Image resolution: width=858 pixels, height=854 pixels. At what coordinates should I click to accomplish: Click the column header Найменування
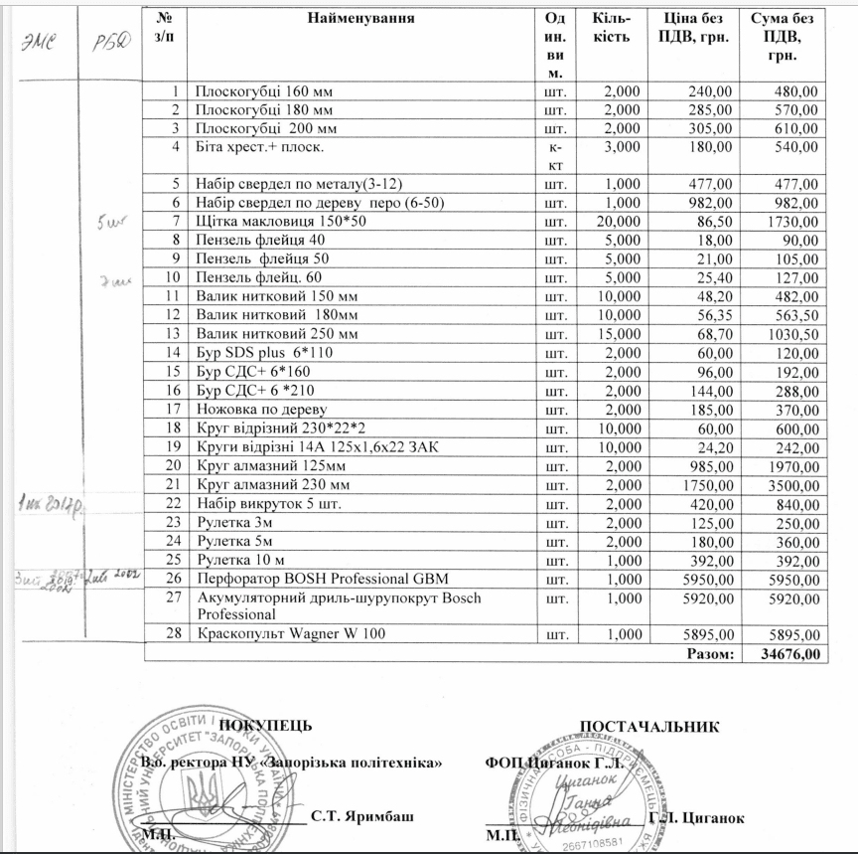(360, 19)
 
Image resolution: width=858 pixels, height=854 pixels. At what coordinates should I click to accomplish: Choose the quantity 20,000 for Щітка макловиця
(622, 220)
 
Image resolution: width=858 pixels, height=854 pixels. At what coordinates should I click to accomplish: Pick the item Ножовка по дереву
(261, 408)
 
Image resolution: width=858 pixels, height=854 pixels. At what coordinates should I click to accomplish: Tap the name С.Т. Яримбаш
(361, 816)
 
